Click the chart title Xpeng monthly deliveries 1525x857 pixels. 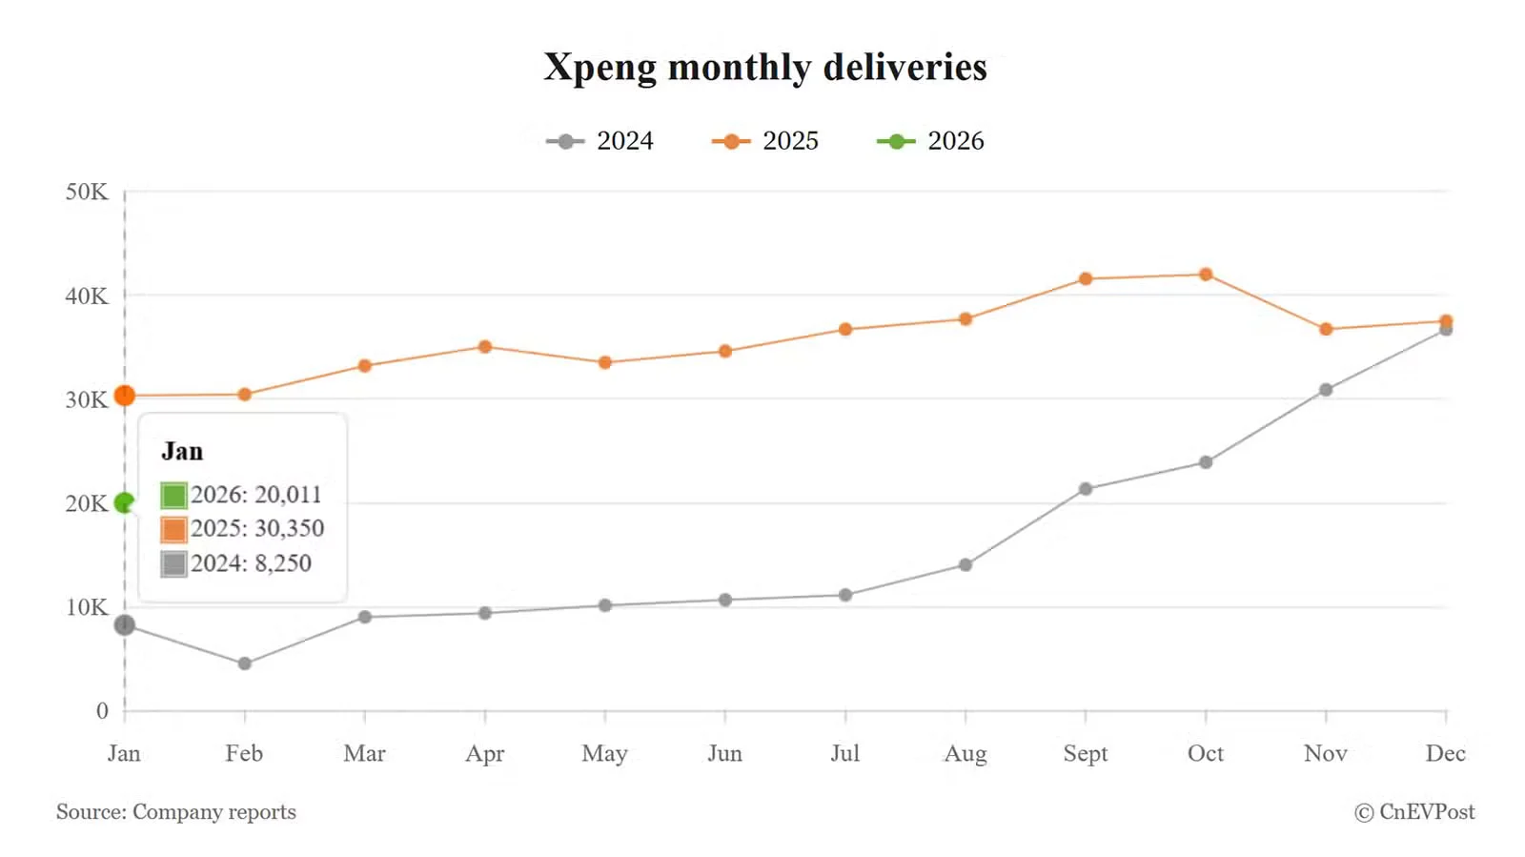(x=764, y=68)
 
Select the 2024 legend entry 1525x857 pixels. (x=600, y=141)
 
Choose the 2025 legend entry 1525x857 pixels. (x=765, y=141)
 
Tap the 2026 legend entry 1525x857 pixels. (x=930, y=141)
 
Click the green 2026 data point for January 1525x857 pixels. (x=124, y=502)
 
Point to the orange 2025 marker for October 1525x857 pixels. (x=1206, y=275)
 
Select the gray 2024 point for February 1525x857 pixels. (x=245, y=663)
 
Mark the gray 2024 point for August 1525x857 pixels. (x=966, y=565)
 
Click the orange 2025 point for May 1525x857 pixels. (x=605, y=362)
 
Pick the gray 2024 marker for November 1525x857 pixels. (x=1326, y=390)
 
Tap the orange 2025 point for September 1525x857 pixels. (x=1086, y=279)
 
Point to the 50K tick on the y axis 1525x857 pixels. (x=87, y=192)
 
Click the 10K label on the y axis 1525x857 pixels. (x=87, y=607)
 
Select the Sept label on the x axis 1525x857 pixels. (x=1086, y=753)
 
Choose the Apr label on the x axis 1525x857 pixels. (x=485, y=753)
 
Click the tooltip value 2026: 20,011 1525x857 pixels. (x=255, y=495)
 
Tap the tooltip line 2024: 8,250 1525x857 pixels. (x=251, y=563)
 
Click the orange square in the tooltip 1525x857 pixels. (x=173, y=529)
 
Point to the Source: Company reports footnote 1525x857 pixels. (x=176, y=812)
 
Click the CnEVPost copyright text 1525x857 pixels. (x=1414, y=812)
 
